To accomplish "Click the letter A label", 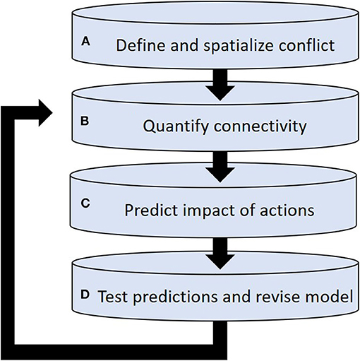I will click(x=85, y=42).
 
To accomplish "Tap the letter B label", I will click(x=85, y=122).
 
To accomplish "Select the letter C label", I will click(x=85, y=202).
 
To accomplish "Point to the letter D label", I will click(x=86, y=294).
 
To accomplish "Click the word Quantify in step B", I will click(x=172, y=127).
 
